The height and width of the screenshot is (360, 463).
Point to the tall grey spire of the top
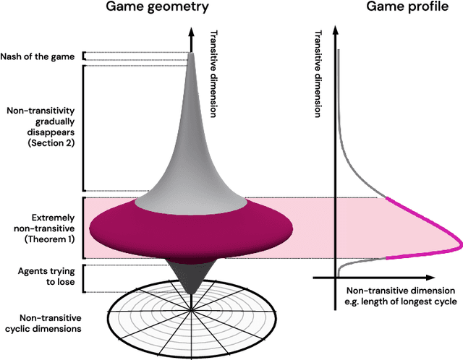point(190,130)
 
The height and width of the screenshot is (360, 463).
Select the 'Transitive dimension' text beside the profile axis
point(320,73)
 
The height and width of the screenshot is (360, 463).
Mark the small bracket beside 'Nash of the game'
point(85,56)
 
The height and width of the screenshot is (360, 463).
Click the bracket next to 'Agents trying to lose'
point(85,278)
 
